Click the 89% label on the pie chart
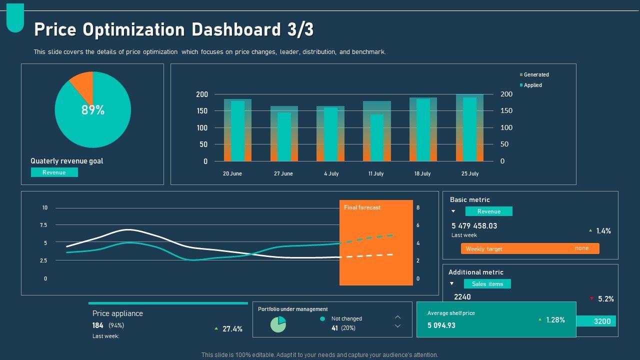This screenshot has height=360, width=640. [x=93, y=110]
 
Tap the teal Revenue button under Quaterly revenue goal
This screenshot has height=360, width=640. [x=54, y=172]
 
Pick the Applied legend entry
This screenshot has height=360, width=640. [x=532, y=85]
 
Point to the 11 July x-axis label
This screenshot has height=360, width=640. [x=376, y=173]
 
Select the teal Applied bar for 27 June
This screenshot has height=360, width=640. [x=284, y=136]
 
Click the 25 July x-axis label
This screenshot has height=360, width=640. [x=470, y=173]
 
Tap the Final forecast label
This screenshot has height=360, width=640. [x=362, y=207]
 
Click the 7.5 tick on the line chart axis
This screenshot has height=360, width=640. [x=44, y=225]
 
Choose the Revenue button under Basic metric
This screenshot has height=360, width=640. [x=488, y=211]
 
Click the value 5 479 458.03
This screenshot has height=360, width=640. [x=474, y=226]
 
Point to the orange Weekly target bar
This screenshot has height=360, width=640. [x=530, y=248]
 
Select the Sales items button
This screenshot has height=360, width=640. [x=487, y=284]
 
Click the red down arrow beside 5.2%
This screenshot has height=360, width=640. [x=591, y=298]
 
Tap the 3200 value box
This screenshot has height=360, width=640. [x=601, y=321]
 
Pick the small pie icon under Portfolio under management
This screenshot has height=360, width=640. [x=278, y=324]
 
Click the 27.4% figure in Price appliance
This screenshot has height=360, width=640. [x=232, y=329]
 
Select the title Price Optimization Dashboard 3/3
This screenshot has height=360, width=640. [x=173, y=30]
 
